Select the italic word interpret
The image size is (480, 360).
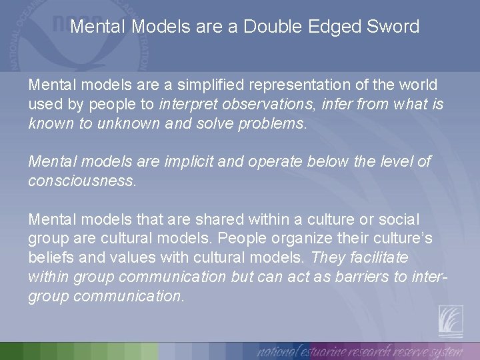pos(190,105)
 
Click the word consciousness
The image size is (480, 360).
pos(81,181)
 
